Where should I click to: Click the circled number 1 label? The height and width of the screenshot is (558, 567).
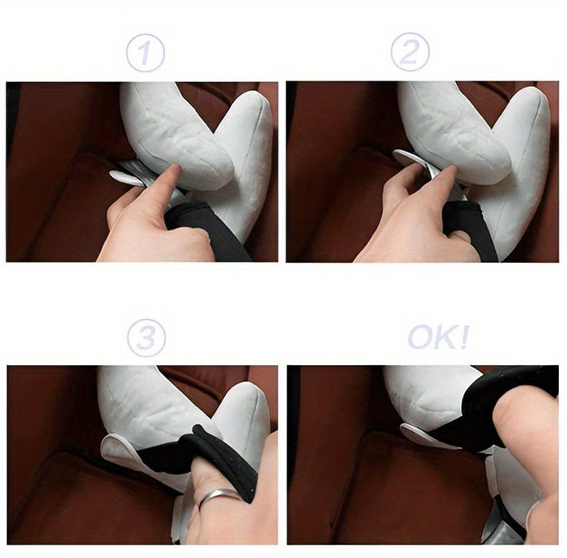click(145, 53)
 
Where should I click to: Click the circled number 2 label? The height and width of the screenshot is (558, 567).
click(410, 52)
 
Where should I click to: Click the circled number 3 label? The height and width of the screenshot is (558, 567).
click(147, 338)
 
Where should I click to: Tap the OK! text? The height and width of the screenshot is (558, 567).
click(439, 337)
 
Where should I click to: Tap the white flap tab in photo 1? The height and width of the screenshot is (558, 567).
click(124, 177)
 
